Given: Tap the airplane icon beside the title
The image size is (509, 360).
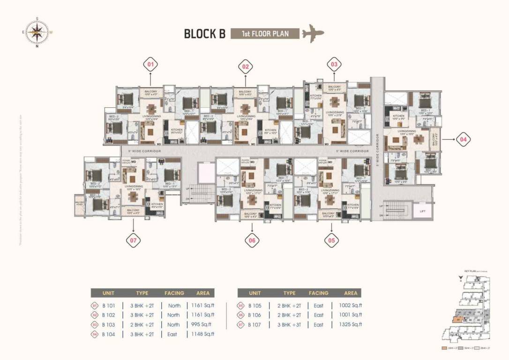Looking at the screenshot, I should pos(313,34).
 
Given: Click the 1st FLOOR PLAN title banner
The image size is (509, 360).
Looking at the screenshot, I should pos(265,34).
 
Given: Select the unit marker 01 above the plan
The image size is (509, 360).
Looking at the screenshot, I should pos(150,64).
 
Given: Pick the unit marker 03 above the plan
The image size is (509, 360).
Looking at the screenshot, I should pos(334,64).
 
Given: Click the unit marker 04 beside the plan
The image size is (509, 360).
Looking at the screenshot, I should pos(463,139).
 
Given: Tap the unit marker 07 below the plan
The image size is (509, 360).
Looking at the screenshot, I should pos(134,240).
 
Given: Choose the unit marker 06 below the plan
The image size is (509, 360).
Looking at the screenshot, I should pos(252,240).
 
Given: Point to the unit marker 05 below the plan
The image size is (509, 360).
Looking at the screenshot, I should pos(332,240).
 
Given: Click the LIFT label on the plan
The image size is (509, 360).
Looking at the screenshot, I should pos(423,211).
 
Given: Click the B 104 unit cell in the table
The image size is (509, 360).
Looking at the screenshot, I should pos(109,334).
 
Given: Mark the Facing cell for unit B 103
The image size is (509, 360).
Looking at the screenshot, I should pos(173,324).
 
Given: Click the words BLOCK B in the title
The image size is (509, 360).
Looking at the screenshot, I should pos(204,34).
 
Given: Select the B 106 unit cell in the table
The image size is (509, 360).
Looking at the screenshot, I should pos(254,315).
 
